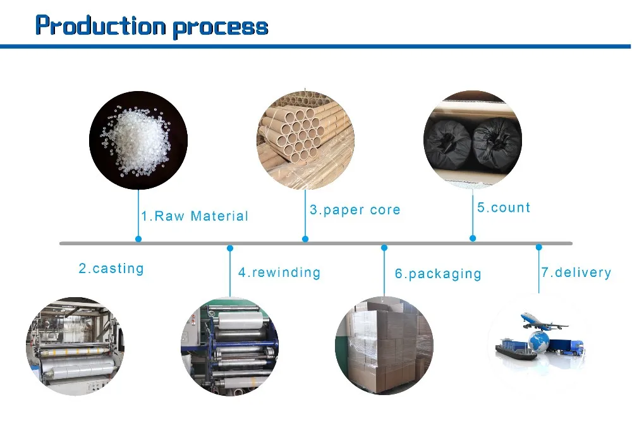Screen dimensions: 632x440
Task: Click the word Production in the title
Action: [100, 25]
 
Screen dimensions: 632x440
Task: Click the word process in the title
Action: [221, 28]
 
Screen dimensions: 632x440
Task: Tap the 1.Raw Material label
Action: [195, 216]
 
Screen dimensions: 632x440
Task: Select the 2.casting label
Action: [111, 269]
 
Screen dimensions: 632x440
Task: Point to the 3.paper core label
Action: [355, 210]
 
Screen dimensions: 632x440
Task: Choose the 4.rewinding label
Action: [279, 272]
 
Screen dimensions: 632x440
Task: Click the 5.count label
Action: [504, 207]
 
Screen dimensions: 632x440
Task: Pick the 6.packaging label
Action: [438, 274]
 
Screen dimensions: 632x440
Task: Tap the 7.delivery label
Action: [576, 272]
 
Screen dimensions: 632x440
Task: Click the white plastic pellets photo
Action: [138, 140]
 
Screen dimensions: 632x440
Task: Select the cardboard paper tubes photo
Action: [305, 140]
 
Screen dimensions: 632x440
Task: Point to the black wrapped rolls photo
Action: [473, 140]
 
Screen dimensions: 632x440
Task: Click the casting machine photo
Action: [75, 346]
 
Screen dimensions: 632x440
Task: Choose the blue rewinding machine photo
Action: [230, 346]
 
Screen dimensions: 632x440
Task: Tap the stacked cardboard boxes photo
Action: [384, 346]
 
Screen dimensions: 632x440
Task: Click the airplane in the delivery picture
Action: [544, 321]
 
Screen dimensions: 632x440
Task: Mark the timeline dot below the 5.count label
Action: [473, 238]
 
